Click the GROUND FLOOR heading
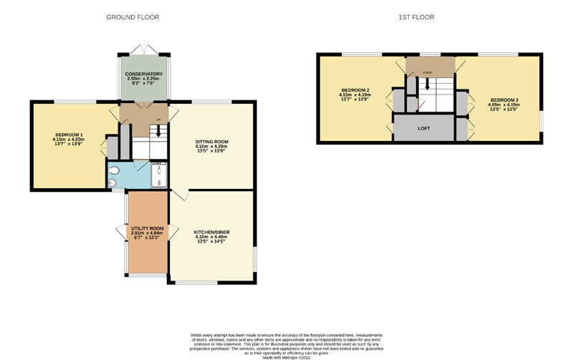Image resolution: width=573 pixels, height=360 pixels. [133, 16]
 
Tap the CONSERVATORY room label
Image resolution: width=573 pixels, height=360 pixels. [144, 74]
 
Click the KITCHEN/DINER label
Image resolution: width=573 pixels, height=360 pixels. [211, 233]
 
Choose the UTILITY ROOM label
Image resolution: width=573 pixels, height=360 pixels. [147, 228]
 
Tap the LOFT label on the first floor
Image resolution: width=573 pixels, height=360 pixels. [425, 128]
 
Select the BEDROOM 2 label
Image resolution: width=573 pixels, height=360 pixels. [355, 90]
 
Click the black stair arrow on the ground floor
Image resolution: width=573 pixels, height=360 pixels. [158, 130]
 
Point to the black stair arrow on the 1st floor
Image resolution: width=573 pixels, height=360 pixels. [427, 84]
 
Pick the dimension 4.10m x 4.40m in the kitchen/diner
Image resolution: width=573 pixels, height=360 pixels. [211, 238]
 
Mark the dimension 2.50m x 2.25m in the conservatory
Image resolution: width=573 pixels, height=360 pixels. [144, 79]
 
